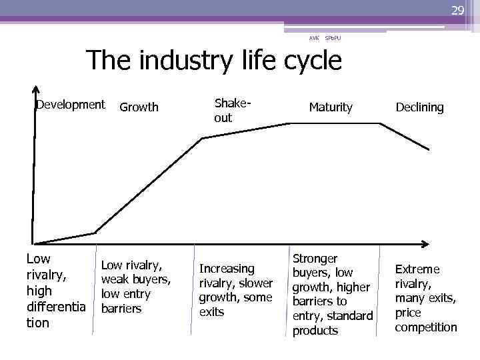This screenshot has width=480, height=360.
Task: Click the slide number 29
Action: pos(457,10)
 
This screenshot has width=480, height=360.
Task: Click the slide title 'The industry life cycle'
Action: pos(214,61)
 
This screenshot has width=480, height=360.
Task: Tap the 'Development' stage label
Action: pos(71,105)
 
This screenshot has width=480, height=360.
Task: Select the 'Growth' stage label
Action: pos(139,107)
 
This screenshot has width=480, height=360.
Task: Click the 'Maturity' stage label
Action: pos(330,107)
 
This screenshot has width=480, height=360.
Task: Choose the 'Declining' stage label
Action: pos(419,107)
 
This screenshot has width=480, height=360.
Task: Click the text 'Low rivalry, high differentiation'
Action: pos(56,291)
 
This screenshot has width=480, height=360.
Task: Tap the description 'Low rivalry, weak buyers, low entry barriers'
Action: pos(136,287)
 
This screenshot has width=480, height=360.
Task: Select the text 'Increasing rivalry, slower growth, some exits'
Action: pos(235,290)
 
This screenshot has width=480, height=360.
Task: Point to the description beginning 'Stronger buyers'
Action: pos(332,294)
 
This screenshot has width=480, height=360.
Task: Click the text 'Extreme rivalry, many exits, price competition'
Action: pos(426,298)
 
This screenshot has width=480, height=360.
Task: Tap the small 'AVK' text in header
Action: pos(313,38)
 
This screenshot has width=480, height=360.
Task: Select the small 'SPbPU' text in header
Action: pos(333,38)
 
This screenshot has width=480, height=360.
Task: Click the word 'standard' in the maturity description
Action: pos(349,316)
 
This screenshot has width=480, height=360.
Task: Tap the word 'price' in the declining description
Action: pos(408,313)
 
